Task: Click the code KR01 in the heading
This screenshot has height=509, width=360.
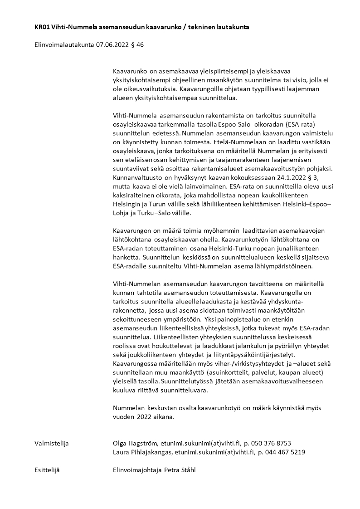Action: click(x=42, y=27)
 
